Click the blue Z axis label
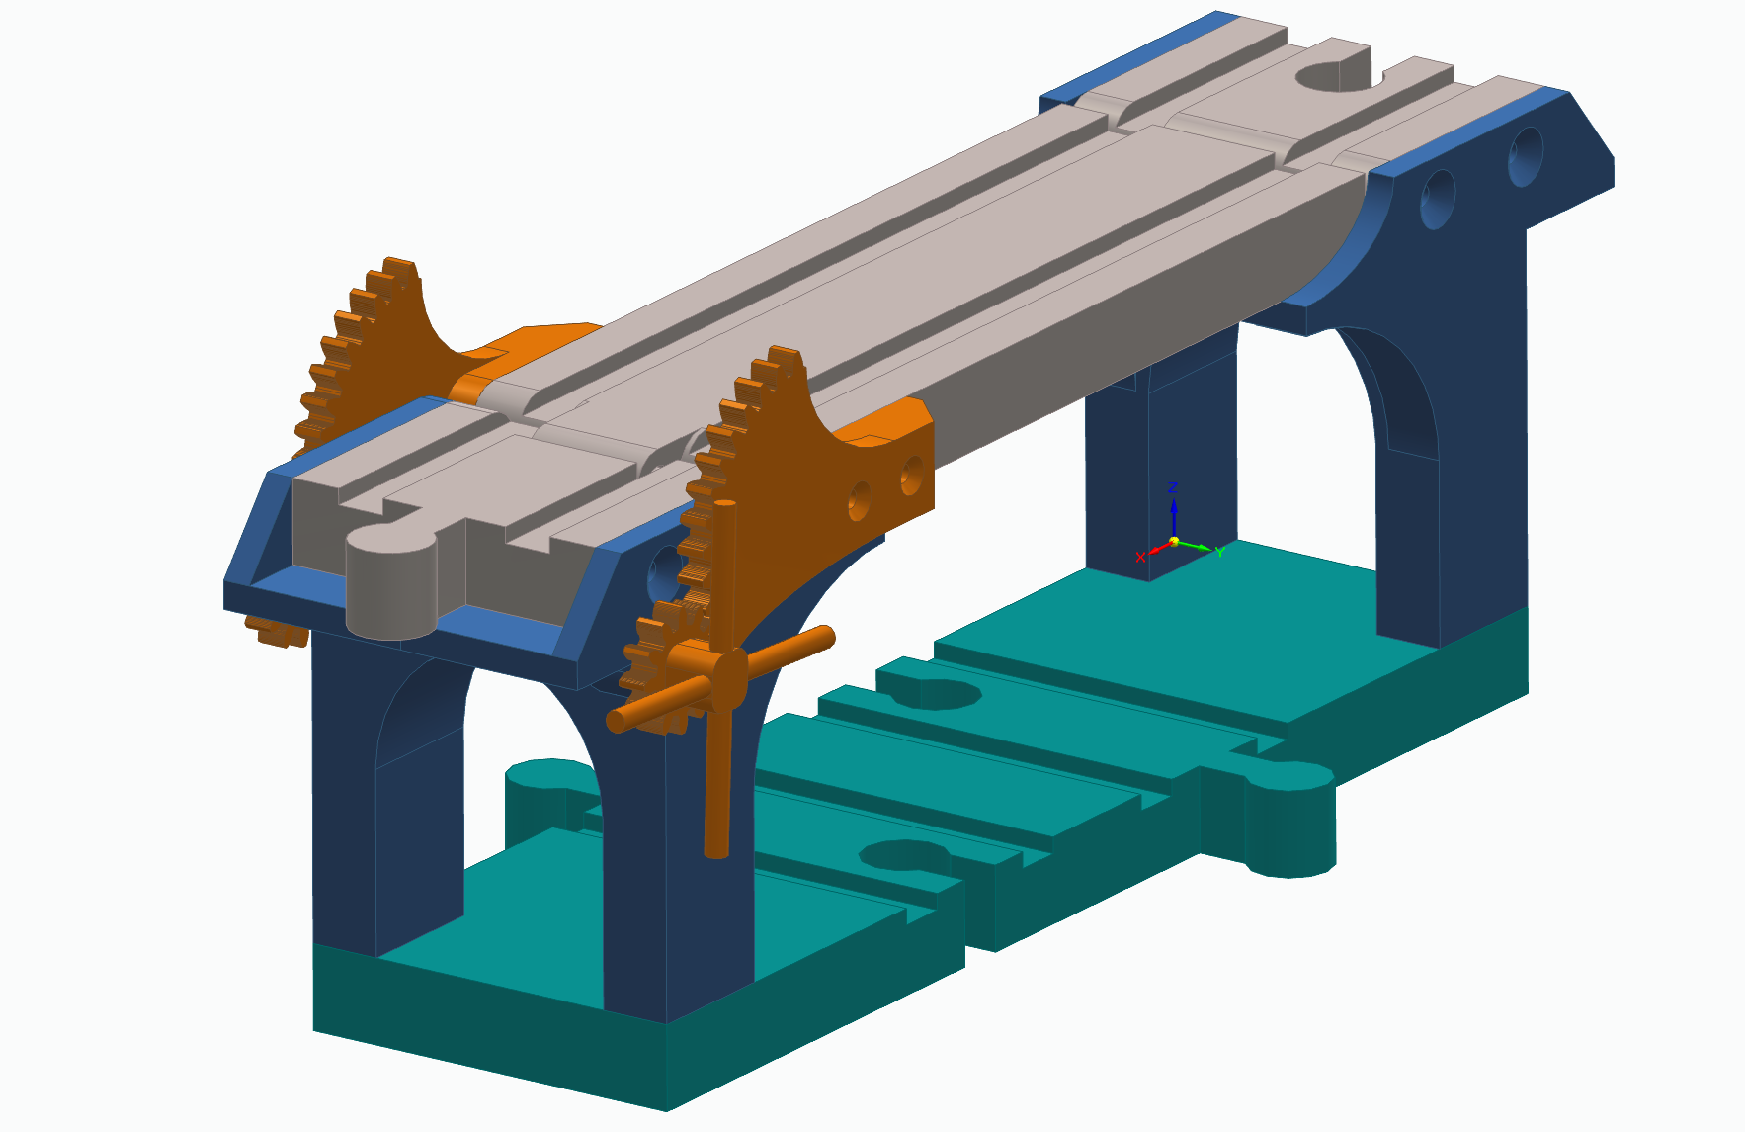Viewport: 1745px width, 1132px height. pyautogui.click(x=1173, y=487)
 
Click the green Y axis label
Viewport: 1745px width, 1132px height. pyautogui.click(x=1220, y=552)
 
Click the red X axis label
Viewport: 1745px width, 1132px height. pyautogui.click(x=1140, y=558)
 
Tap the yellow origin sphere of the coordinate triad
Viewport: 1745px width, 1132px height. pyautogui.click(x=1174, y=542)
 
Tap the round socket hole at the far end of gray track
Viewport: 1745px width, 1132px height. pyautogui.click(x=1329, y=76)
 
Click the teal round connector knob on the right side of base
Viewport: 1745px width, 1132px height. pyautogui.click(x=1289, y=821)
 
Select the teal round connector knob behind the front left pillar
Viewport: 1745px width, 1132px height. pyautogui.click(x=539, y=791)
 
